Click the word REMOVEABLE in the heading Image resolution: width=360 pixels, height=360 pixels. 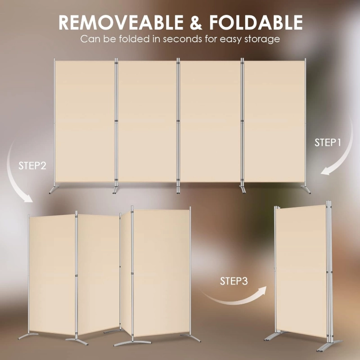pos(121,22)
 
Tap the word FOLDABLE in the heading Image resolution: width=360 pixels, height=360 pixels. pos(256,22)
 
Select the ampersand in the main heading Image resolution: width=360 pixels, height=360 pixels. pos(196,22)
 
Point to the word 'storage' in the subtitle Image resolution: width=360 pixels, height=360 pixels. pos(262,39)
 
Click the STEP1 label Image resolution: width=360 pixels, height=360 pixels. pos(328,143)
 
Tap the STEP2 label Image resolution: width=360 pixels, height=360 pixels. pos(32,166)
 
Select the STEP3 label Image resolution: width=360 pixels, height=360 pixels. pos(234,281)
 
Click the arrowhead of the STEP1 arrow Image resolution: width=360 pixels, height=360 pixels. pos(328,171)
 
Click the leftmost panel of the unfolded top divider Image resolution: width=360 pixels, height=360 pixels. pos(85,121)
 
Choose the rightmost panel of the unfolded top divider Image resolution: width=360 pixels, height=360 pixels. pos(274,121)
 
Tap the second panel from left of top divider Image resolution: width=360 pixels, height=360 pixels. pos(147,121)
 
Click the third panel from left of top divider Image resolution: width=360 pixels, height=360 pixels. pos(210,121)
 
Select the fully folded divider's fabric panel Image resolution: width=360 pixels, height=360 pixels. pos(301,271)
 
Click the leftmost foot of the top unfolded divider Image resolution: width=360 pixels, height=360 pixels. pos(54,190)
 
